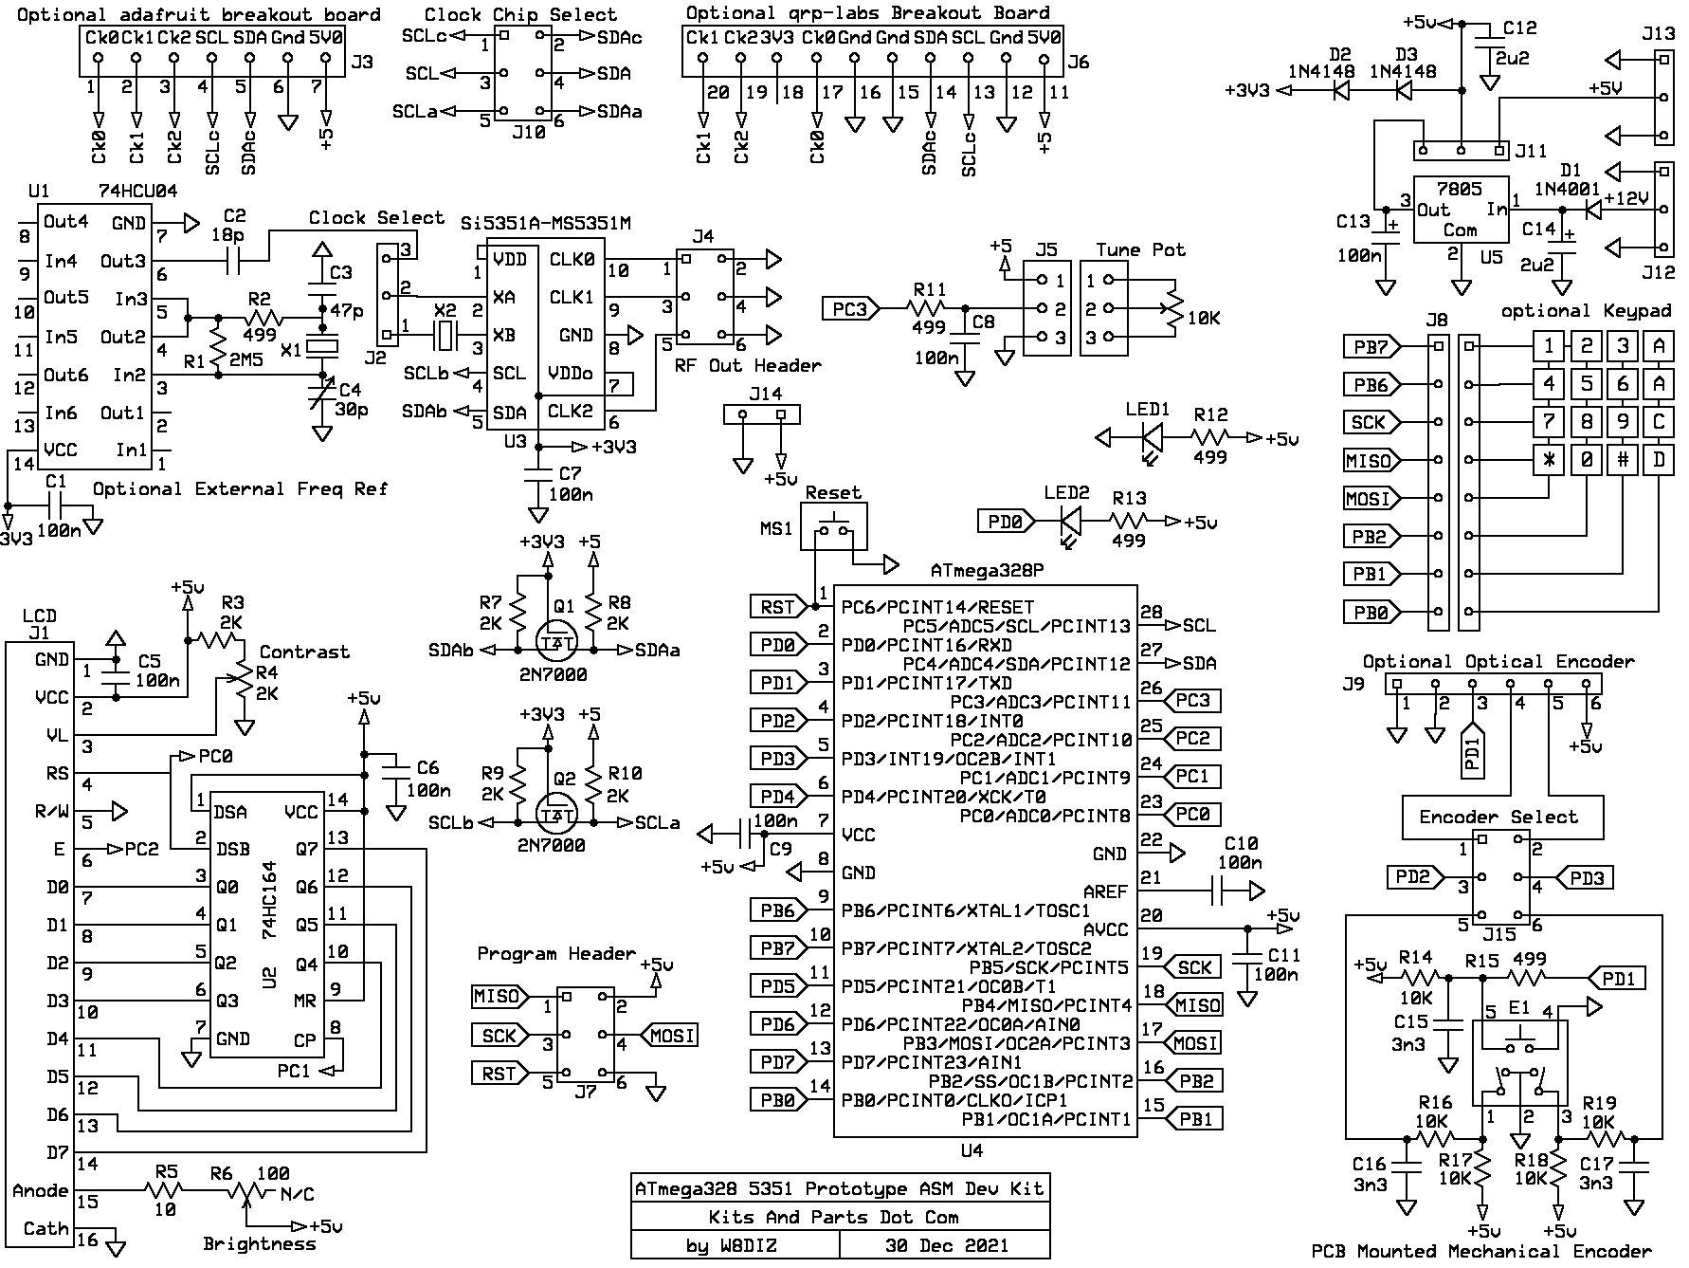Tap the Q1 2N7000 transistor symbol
click(555, 641)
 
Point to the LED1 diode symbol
click(1153, 438)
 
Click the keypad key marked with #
click(1623, 461)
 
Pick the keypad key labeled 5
click(1587, 385)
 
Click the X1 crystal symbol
click(322, 348)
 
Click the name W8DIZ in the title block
click(745, 1245)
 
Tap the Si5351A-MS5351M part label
click(546, 224)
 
